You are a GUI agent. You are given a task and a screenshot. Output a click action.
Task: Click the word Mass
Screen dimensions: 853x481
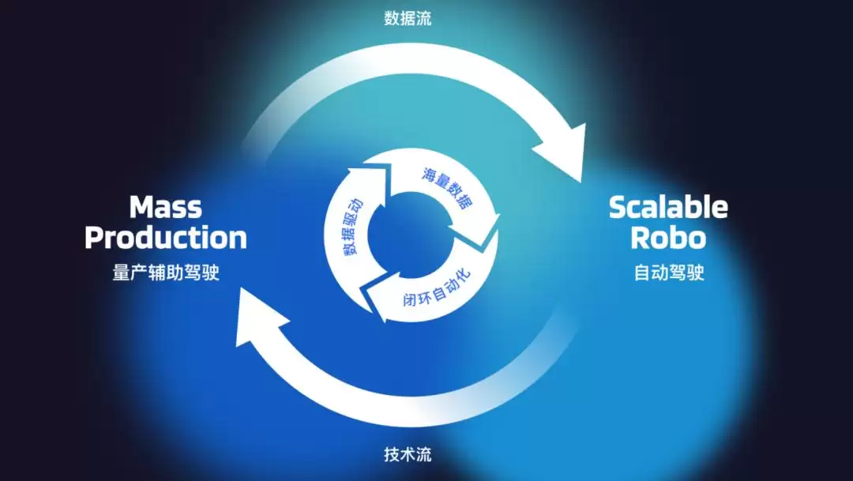[x=165, y=207]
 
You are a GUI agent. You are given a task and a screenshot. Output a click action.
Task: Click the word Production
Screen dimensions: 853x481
[x=166, y=238]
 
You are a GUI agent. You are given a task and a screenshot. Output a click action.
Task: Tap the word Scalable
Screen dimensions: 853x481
[x=669, y=207]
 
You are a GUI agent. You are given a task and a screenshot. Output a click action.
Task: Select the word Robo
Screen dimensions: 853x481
[x=669, y=238]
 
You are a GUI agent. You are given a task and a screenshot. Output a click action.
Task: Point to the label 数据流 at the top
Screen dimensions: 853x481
[x=408, y=18]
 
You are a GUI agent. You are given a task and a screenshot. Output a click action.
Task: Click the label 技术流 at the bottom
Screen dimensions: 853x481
[x=408, y=454]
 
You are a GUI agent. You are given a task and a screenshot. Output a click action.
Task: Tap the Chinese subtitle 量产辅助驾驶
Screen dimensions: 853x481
[x=166, y=272]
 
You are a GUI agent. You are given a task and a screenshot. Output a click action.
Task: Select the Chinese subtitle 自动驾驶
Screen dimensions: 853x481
[x=669, y=272]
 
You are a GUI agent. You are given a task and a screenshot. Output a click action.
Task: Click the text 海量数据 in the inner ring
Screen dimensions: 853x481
[x=447, y=188]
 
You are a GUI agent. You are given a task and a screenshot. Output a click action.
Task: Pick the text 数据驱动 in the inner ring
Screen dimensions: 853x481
[x=352, y=227]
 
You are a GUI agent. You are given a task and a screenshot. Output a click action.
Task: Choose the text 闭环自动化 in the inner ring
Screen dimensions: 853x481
[x=436, y=288]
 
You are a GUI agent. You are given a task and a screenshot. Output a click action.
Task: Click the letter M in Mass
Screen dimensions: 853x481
[x=141, y=207]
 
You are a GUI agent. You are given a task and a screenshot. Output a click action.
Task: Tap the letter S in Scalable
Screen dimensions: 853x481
[x=618, y=207]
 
